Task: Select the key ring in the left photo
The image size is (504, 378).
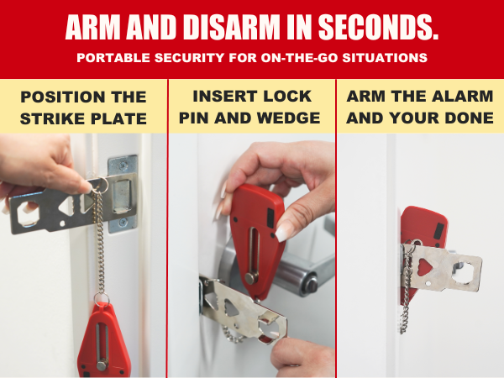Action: (97, 185)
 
